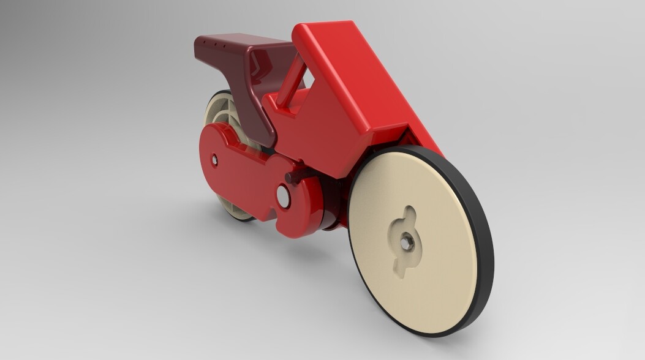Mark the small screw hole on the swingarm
click(x=214, y=160)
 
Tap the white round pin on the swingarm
click(x=283, y=195)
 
